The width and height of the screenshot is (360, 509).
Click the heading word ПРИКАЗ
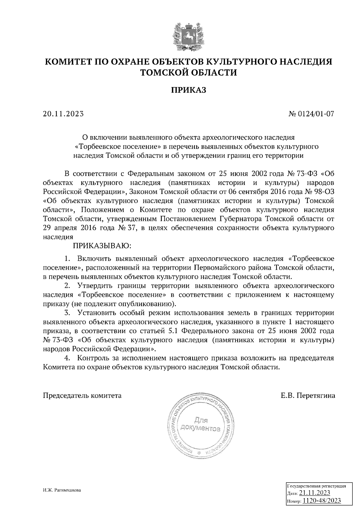tap(189, 90)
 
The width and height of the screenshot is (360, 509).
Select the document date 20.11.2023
tap(63, 114)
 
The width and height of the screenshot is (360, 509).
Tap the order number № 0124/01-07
tap(311, 114)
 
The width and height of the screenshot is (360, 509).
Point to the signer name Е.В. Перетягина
tap(308, 395)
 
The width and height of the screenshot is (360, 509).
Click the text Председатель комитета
tap(82, 395)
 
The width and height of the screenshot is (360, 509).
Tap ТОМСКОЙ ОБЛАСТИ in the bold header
tap(189, 72)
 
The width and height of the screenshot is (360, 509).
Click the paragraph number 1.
tap(67, 258)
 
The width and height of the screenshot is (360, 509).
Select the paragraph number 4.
tap(67, 358)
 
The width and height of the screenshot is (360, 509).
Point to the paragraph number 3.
tap(67, 313)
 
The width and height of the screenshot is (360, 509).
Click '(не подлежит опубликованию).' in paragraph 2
tap(123, 304)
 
